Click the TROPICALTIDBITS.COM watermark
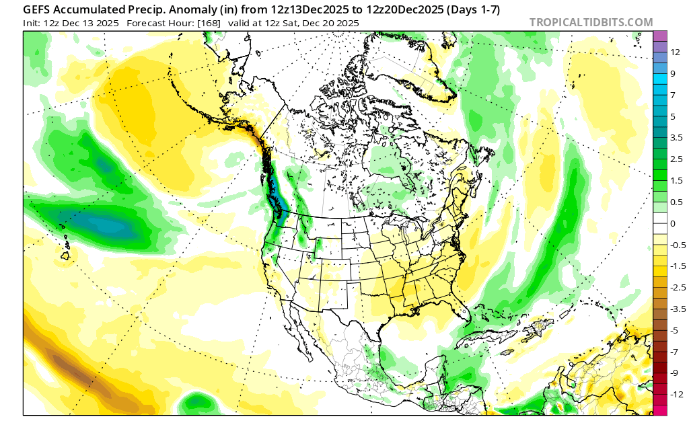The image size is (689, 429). pos(591,23)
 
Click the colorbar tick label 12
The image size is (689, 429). pos(675,51)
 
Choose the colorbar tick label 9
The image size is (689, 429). pos(672,73)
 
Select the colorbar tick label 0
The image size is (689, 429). pos(672,223)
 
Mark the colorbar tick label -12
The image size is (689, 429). pos(677,395)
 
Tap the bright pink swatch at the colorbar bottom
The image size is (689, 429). pos(659,409)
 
